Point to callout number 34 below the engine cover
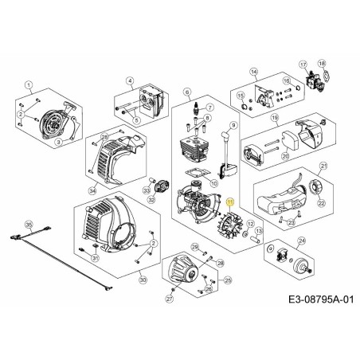[x=92, y=190]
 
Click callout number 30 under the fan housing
[x=143, y=280]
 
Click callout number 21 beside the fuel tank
[x=323, y=166]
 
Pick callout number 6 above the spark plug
[x=186, y=92]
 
